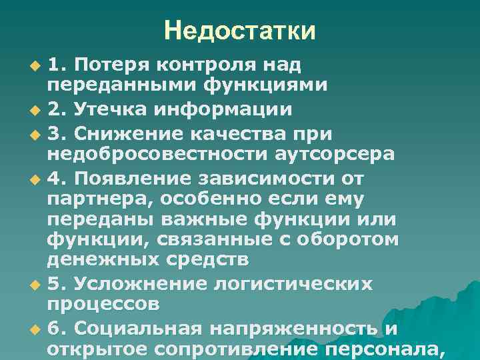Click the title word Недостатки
click(x=240, y=30)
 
